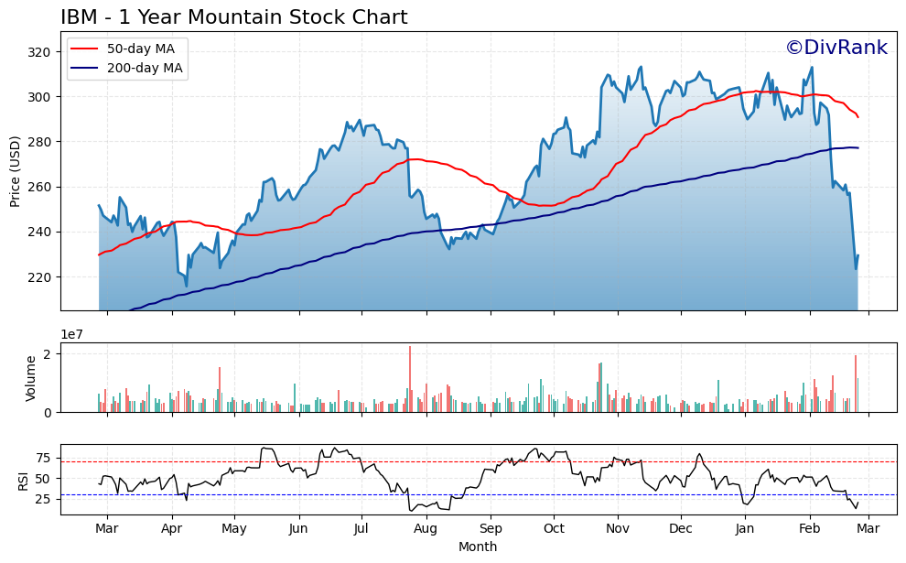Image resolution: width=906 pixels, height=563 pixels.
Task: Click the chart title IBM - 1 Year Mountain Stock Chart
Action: [233, 17]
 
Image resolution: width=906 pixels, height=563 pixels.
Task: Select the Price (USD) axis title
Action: [16, 172]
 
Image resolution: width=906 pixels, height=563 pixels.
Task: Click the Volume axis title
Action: [31, 378]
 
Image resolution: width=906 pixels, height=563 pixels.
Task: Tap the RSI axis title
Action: [24, 479]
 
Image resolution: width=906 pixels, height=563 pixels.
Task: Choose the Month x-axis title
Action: [478, 547]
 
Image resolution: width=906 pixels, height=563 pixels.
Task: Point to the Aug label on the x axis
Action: [426, 529]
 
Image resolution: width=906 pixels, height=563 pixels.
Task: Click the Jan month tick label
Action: [745, 529]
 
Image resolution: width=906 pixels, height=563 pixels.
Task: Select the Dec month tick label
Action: [680, 529]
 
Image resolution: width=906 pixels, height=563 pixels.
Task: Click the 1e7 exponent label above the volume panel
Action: [73, 335]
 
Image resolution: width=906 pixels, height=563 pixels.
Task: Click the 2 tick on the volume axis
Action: [50, 353]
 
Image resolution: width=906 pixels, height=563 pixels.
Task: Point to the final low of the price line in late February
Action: [856, 268]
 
